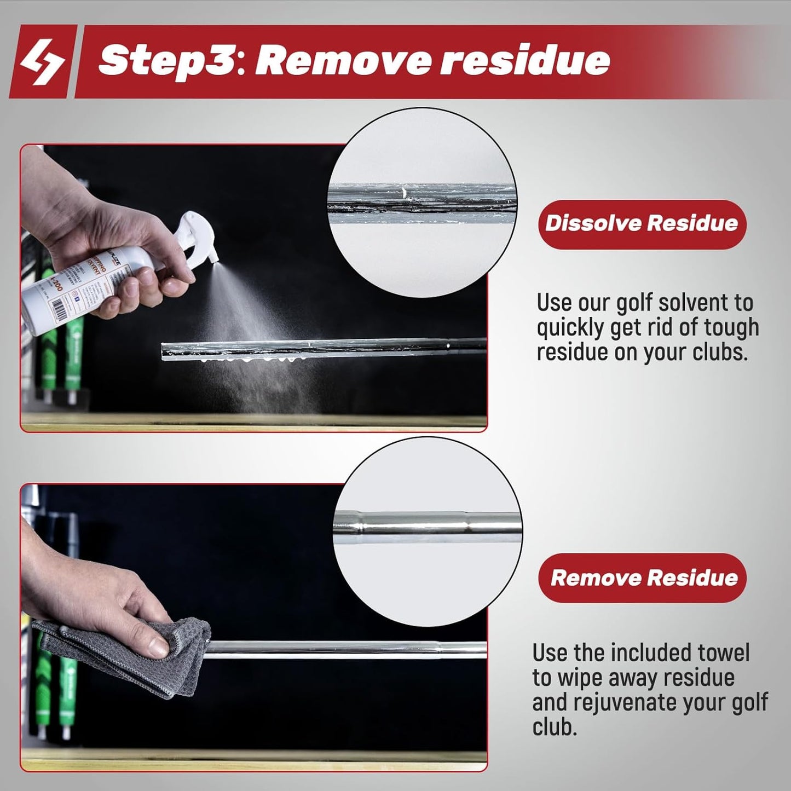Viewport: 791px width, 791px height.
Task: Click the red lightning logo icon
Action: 41,62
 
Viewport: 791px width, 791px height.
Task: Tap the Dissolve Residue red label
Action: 642,224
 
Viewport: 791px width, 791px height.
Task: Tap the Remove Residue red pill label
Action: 643,578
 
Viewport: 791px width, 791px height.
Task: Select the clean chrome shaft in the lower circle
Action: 427,527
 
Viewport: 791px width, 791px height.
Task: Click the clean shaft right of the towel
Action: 350,649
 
